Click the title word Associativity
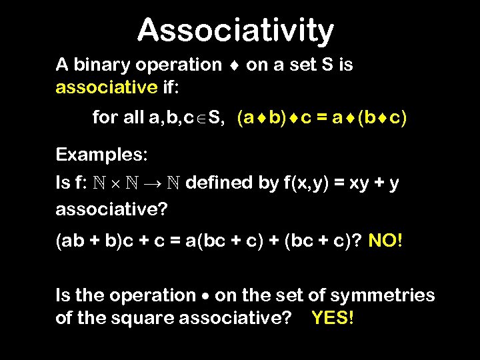coord(235,30)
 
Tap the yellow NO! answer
coord(385,239)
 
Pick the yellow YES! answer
coord(332,318)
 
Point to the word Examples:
coord(101,155)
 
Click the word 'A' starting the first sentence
coord(62,65)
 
